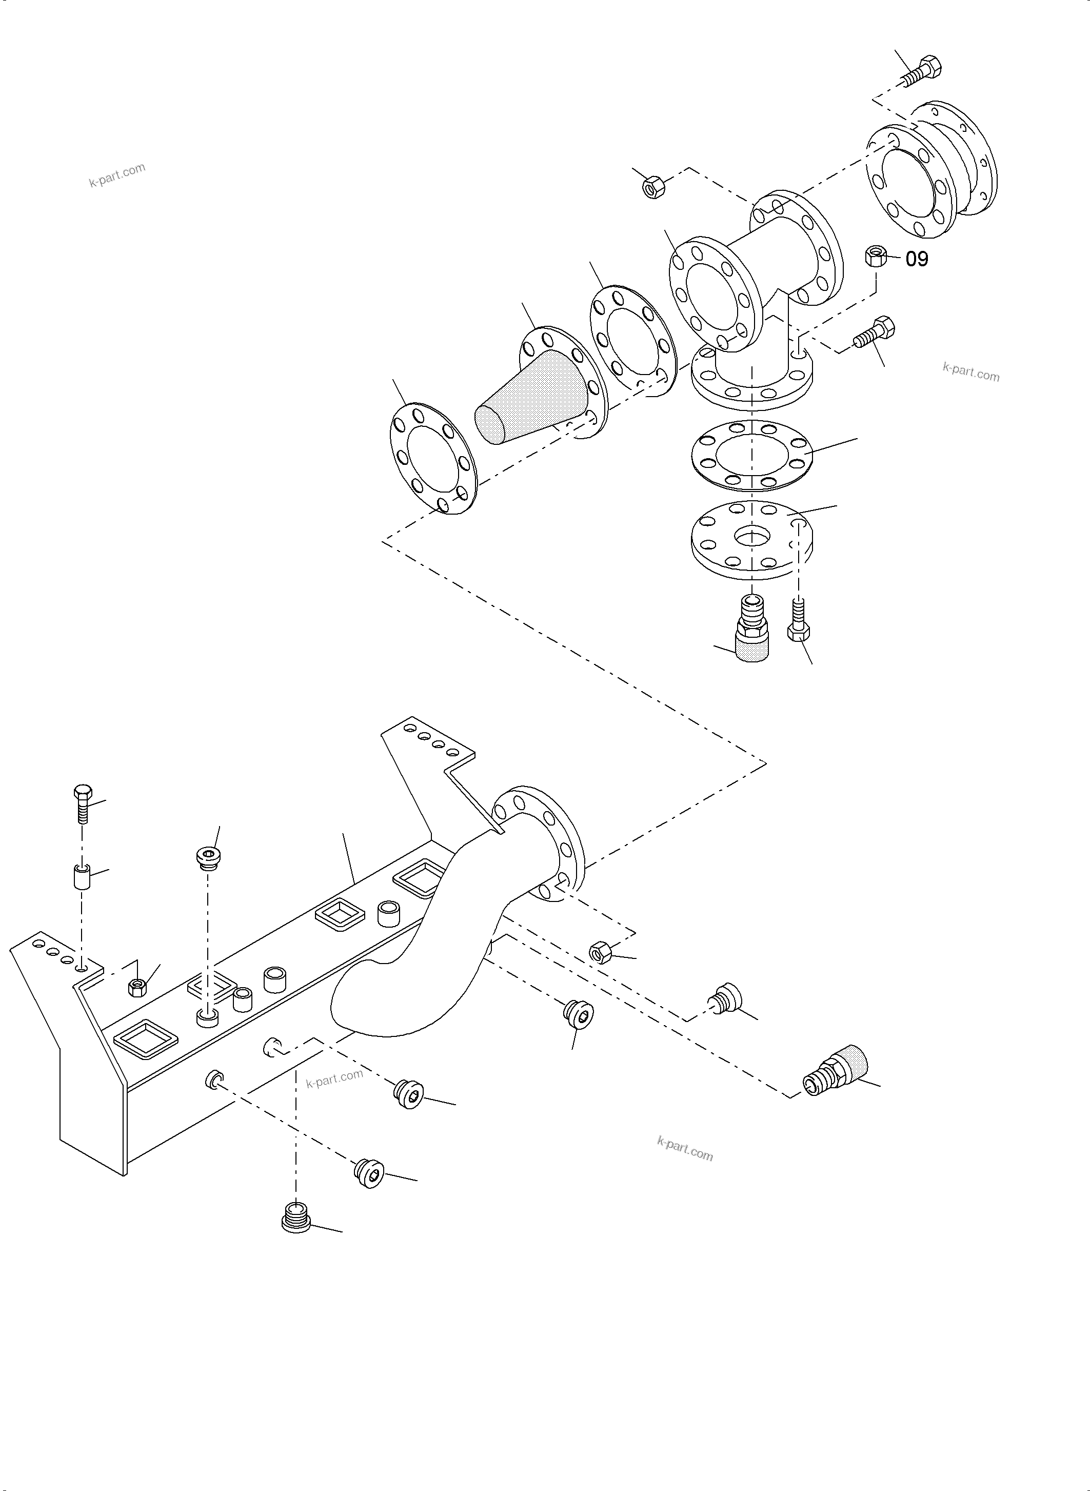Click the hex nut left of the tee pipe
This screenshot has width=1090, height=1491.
pyautogui.click(x=652, y=187)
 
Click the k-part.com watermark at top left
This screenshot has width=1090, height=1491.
pyautogui.click(x=117, y=175)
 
